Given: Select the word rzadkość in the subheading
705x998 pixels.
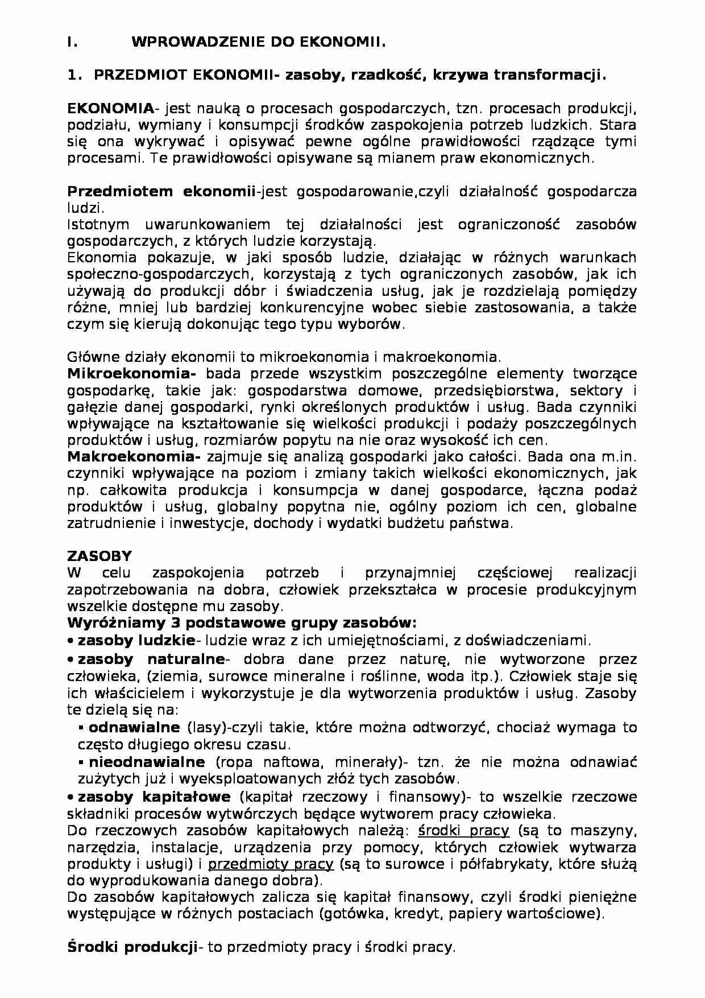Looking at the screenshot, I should [385, 75].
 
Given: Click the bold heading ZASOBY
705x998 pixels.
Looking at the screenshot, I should [99, 556].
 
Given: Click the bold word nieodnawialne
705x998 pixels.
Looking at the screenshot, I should [147, 762].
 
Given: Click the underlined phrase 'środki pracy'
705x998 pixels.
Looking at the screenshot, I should [463, 831].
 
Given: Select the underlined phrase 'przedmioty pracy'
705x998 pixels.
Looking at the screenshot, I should [270, 864].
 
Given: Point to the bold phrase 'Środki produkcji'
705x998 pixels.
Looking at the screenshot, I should [132, 947].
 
